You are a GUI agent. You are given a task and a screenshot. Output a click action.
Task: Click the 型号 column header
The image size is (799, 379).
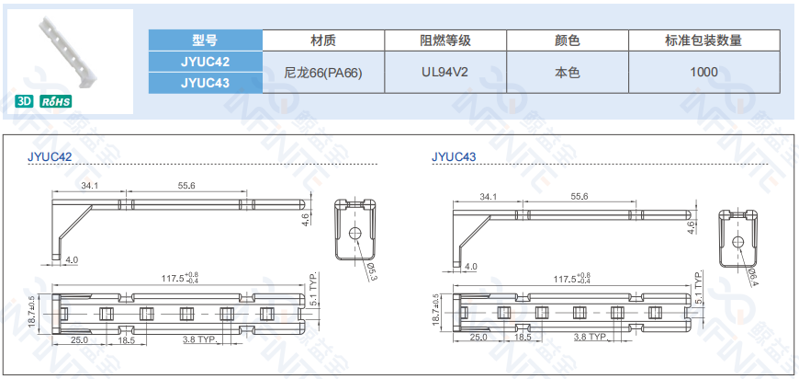click(205, 40)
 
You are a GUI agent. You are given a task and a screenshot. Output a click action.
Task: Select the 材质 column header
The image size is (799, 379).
click(323, 40)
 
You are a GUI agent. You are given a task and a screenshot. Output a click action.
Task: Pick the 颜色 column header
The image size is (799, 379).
click(567, 40)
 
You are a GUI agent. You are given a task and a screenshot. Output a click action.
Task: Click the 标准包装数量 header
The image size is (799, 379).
click(703, 40)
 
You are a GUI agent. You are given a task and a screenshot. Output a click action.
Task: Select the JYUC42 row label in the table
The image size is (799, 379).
click(205, 62)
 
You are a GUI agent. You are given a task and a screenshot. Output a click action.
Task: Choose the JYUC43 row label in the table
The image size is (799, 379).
click(205, 83)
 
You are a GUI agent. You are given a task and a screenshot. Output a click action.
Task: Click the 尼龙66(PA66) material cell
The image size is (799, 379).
click(323, 72)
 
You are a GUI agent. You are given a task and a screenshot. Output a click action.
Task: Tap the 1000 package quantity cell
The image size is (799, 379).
click(703, 72)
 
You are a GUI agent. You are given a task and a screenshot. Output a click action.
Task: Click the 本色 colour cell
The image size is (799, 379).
click(567, 72)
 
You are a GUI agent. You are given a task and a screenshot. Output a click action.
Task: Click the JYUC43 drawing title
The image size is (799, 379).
click(454, 156)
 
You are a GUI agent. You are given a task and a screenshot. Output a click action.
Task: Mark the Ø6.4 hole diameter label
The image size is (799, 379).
click(752, 273)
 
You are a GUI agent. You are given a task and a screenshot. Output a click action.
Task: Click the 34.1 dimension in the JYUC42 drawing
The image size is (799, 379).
click(90, 186)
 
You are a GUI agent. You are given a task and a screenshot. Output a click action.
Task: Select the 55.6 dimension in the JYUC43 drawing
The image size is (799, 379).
click(579, 197)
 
